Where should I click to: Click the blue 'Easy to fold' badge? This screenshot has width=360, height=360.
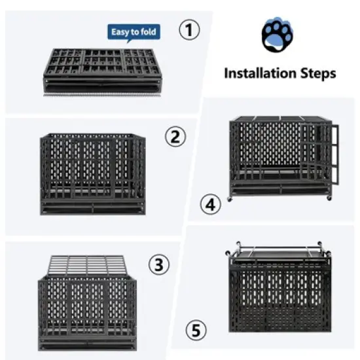click(135, 31)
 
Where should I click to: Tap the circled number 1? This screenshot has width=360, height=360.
click(189, 30)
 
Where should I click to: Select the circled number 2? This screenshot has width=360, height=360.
click(175, 137)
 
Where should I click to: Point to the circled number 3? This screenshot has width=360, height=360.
click(158, 265)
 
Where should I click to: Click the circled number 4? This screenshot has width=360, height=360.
click(209, 206)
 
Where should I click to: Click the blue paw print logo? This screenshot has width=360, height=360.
click(278, 37)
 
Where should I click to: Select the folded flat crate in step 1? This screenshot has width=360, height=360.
click(102, 70)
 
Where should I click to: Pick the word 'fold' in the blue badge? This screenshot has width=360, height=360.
click(149, 31)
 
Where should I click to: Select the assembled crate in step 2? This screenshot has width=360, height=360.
click(92, 173)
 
